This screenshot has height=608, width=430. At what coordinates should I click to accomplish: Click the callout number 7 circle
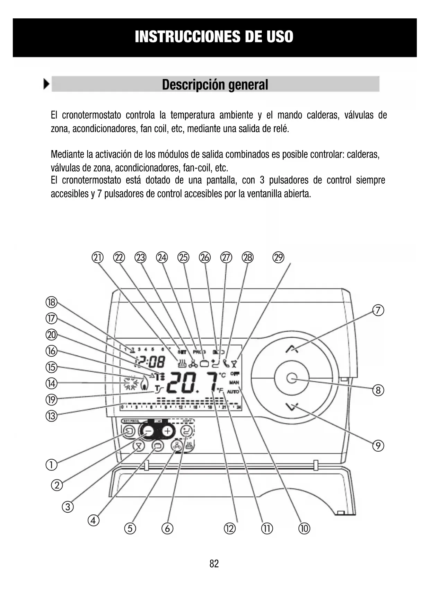click(378, 310)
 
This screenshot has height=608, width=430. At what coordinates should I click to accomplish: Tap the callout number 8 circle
click(378, 391)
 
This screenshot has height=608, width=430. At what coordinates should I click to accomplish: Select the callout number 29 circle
click(278, 258)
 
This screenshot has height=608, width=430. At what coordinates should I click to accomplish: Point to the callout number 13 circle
click(51, 416)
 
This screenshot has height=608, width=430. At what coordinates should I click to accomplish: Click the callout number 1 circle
click(51, 464)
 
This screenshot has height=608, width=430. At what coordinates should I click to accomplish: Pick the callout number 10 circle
click(304, 529)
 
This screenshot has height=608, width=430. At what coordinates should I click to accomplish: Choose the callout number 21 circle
click(98, 258)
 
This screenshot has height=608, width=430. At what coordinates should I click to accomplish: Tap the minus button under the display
click(148, 431)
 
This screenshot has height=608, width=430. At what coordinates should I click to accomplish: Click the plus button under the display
click(168, 431)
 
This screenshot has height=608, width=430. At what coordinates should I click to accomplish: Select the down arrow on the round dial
click(292, 406)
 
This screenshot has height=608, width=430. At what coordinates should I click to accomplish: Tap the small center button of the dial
click(292, 378)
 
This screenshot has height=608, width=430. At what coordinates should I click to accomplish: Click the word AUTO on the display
click(233, 391)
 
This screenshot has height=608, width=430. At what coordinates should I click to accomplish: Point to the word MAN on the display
click(234, 382)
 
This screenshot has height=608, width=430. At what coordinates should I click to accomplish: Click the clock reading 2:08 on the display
click(152, 363)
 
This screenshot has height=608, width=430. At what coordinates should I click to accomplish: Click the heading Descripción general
click(215, 85)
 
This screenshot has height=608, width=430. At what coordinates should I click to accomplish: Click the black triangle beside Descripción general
click(46, 84)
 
